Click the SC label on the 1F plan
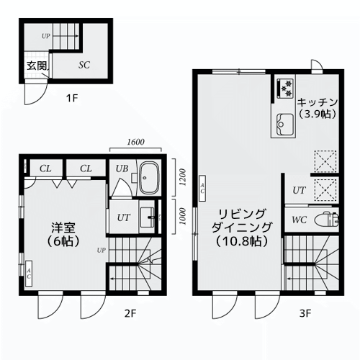tap(84, 65)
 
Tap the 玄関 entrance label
tap(37, 66)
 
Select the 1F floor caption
tap(72, 98)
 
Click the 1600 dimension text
tap(135, 142)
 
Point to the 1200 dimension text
tap(183, 177)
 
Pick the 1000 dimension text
tap(183, 217)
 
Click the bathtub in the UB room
tap(149, 178)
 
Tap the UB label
tap(122, 168)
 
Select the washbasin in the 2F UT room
tap(148, 217)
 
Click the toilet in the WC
tap(326, 220)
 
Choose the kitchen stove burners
tap(285, 89)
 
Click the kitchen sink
tap(285, 125)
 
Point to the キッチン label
tap(318, 102)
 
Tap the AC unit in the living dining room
tap(202, 188)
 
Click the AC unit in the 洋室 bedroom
tap(29, 274)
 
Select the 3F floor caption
tap(305, 313)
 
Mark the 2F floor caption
tap(130, 313)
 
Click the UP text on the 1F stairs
tap(45, 36)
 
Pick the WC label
tap(299, 220)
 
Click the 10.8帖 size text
tap(242, 241)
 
